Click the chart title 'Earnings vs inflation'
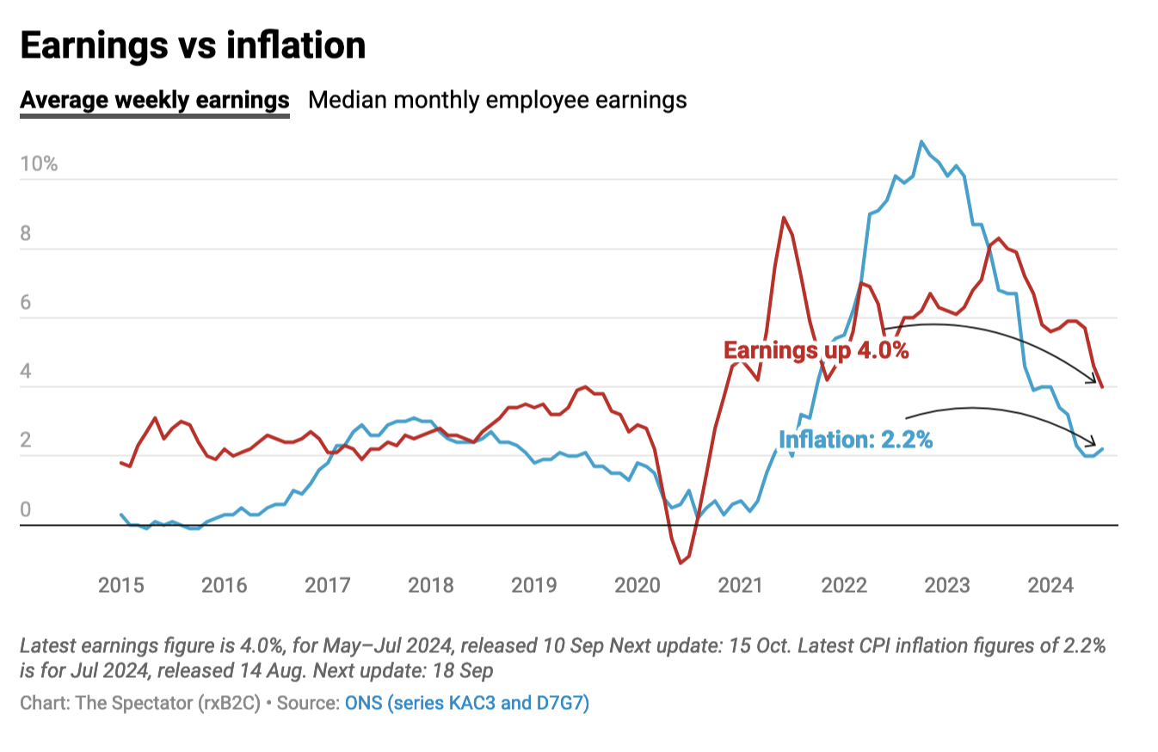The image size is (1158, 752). pyautogui.click(x=193, y=46)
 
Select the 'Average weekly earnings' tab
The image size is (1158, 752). pyautogui.click(x=155, y=100)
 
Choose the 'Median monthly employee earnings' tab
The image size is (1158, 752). pyautogui.click(x=497, y=100)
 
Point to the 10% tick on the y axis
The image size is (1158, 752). pyautogui.click(x=39, y=164)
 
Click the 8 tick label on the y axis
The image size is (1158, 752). pyautogui.click(x=26, y=233)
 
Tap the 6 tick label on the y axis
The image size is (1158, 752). pyautogui.click(x=26, y=302)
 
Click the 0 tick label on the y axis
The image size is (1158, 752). pyautogui.click(x=26, y=509)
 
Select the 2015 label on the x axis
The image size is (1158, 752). pyautogui.click(x=121, y=586)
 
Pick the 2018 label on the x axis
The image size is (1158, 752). pyautogui.click(x=431, y=586)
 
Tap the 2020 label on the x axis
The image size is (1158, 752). pyautogui.click(x=638, y=586)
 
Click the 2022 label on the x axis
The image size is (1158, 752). pyautogui.click(x=844, y=586)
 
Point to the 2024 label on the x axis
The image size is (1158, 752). pyautogui.click(x=1050, y=586)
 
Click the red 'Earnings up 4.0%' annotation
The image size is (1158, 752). pyautogui.click(x=816, y=350)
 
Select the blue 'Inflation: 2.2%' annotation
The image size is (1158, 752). pyautogui.click(x=855, y=440)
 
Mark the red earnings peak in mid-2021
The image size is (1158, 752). pyautogui.click(x=784, y=218)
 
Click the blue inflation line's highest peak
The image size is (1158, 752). pyautogui.click(x=921, y=141)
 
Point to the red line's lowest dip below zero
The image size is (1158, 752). pyautogui.click(x=681, y=563)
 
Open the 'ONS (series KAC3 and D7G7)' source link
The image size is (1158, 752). pyautogui.click(x=466, y=703)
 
